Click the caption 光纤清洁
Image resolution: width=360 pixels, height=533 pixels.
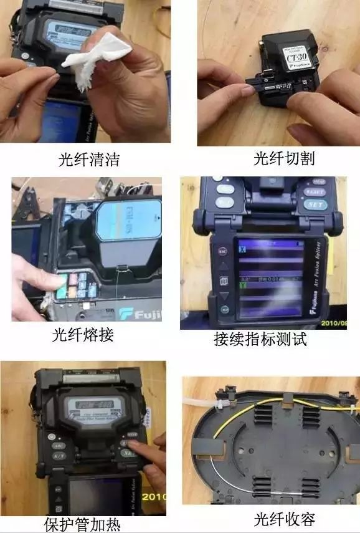88,160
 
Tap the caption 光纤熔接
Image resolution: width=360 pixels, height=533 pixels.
83,335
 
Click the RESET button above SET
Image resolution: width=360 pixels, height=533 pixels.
315,192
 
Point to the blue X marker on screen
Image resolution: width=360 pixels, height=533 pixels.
243,249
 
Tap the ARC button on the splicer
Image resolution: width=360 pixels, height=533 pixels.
59,446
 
